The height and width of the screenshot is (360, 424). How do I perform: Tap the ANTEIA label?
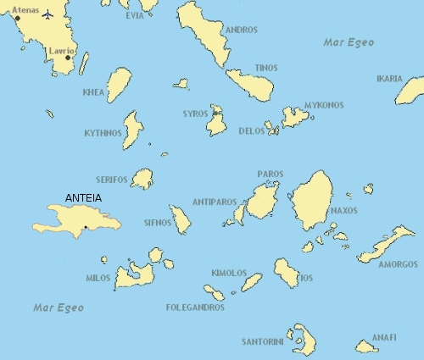(83, 199)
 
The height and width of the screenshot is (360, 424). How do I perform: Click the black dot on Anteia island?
(86, 227)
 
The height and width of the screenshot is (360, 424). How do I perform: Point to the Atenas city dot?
(17, 18)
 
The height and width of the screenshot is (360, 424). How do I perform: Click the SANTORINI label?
(262, 342)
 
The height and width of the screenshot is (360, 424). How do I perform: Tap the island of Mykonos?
(296, 116)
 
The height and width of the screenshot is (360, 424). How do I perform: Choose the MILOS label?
(98, 278)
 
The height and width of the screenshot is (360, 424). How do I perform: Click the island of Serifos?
(142, 179)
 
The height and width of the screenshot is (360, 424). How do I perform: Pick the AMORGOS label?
(398, 264)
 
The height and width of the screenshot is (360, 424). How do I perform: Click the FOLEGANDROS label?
(195, 307)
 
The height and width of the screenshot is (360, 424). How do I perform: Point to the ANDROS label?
(242, 30)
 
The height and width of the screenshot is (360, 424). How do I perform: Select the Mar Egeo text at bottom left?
(59, 307)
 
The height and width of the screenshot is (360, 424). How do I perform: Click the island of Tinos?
(250, 85)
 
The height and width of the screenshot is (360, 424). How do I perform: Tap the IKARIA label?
(389, 79)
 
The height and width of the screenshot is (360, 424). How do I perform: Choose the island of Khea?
(119, 85)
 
